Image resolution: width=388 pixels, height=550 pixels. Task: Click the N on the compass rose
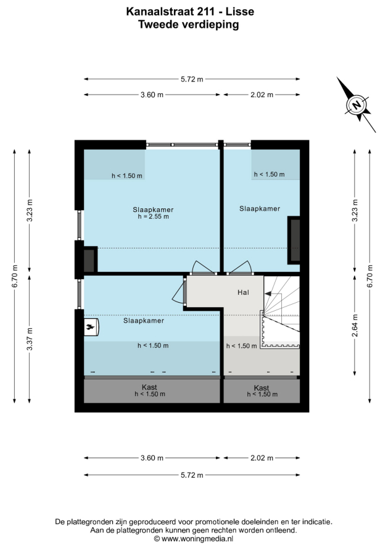click(357, 105)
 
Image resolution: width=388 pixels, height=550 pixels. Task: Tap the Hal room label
click(243, 292)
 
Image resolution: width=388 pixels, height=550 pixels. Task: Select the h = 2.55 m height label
click(154, 216)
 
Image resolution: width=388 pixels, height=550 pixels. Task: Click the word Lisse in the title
click(240, 12)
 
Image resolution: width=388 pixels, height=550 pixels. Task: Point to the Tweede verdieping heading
click(189, 25)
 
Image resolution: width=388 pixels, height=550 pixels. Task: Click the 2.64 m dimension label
click(355, 325)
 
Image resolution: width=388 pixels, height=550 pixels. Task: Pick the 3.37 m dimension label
click(30, 339)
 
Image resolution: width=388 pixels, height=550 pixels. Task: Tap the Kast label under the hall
click(261, 387)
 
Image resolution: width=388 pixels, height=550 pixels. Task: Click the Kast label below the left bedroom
click(149, 387)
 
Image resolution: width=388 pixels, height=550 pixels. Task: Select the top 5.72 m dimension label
click(192, 79)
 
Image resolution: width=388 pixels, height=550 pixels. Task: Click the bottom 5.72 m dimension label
click(192, 475)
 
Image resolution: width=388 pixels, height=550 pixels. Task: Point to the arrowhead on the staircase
click(268, 294)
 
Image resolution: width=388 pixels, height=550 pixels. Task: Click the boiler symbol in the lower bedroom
click(91, 328)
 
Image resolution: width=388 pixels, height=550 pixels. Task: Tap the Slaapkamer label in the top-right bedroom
click(260, 209)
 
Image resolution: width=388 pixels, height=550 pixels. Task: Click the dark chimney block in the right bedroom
click(294, 240)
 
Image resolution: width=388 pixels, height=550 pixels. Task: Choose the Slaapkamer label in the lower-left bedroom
click(144, 321)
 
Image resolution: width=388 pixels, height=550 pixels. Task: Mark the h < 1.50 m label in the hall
click(242, 346)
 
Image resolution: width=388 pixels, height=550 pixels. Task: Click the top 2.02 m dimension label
click(262, 95)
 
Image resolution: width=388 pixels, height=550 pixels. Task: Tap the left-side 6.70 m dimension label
click(15, 276)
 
